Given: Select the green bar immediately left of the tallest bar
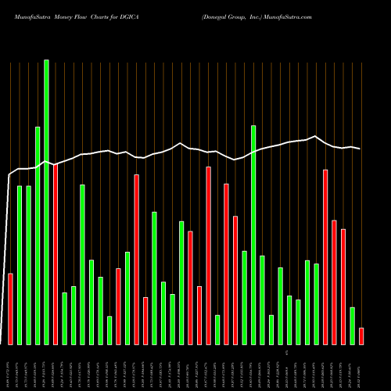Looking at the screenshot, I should pos(38,235).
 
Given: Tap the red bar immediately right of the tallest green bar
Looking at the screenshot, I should pos(56,254).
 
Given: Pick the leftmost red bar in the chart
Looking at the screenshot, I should pos(10,309).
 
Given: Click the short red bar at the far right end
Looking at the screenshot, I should pos(361,336).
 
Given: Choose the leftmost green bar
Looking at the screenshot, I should pos(20,265).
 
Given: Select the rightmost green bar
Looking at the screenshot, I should pos(352,325).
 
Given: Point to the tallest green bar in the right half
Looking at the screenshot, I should pos(253,235).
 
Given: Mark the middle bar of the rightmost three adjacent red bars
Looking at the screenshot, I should pos(334,282).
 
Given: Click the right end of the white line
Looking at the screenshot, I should pos(360,149).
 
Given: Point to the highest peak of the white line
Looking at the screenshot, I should pos(315,136).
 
